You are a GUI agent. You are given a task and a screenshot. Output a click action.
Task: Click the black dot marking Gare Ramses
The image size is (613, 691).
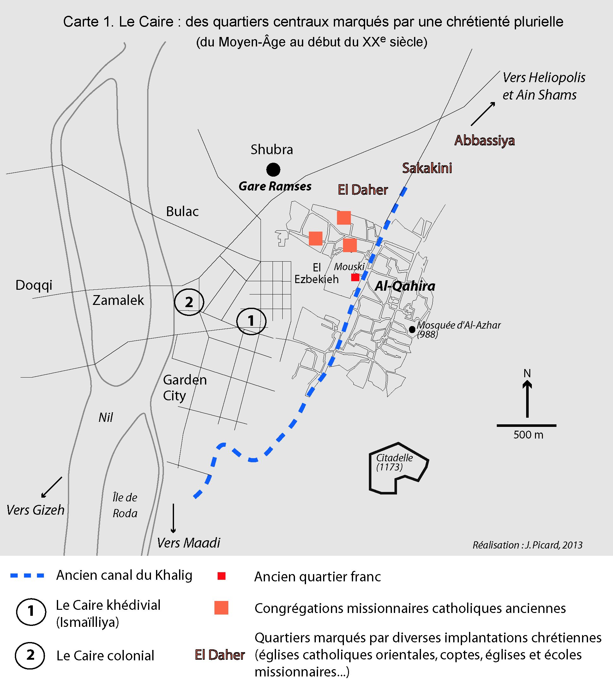(273, 169)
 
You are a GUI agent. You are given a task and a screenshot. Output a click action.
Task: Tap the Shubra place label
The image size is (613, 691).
(271, 149)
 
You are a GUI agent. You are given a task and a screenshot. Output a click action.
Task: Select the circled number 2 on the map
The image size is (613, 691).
(189, 301)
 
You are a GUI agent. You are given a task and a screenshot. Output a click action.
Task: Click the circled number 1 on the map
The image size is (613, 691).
(251, 320)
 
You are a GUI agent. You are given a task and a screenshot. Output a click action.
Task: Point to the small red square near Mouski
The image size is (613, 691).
(355, 277)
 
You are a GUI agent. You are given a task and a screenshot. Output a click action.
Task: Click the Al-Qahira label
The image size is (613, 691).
(405, 286)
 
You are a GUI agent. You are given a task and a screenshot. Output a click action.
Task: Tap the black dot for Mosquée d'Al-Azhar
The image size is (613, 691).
(412, 329)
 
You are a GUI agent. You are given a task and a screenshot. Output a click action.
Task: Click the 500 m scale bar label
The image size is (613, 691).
(528, 435)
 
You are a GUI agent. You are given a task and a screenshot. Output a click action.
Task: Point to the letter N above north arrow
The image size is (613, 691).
(527, 373)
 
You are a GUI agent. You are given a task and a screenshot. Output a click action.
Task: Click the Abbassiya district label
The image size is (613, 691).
(484, 140)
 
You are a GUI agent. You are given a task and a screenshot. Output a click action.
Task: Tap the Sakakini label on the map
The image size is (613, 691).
(427, 168)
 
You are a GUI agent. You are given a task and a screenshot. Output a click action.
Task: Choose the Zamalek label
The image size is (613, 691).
(118, 300)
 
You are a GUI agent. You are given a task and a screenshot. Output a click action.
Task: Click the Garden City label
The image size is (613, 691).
(184, 388)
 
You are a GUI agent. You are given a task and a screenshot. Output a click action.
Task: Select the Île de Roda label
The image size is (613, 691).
(125, 506)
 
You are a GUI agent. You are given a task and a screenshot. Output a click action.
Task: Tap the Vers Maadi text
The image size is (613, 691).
(189, 542)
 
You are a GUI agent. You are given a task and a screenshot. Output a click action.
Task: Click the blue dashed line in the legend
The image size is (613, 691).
(27, 575)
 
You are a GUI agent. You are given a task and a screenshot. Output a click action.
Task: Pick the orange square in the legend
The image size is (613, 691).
(221, 608)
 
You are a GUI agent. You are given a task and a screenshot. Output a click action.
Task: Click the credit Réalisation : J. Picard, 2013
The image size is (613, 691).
(527, 545)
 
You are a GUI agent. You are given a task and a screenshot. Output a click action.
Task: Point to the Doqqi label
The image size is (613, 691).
(34, 285)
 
